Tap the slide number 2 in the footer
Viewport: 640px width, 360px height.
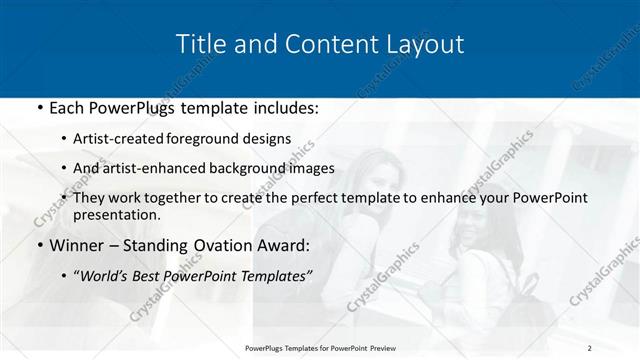click(590, 347)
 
